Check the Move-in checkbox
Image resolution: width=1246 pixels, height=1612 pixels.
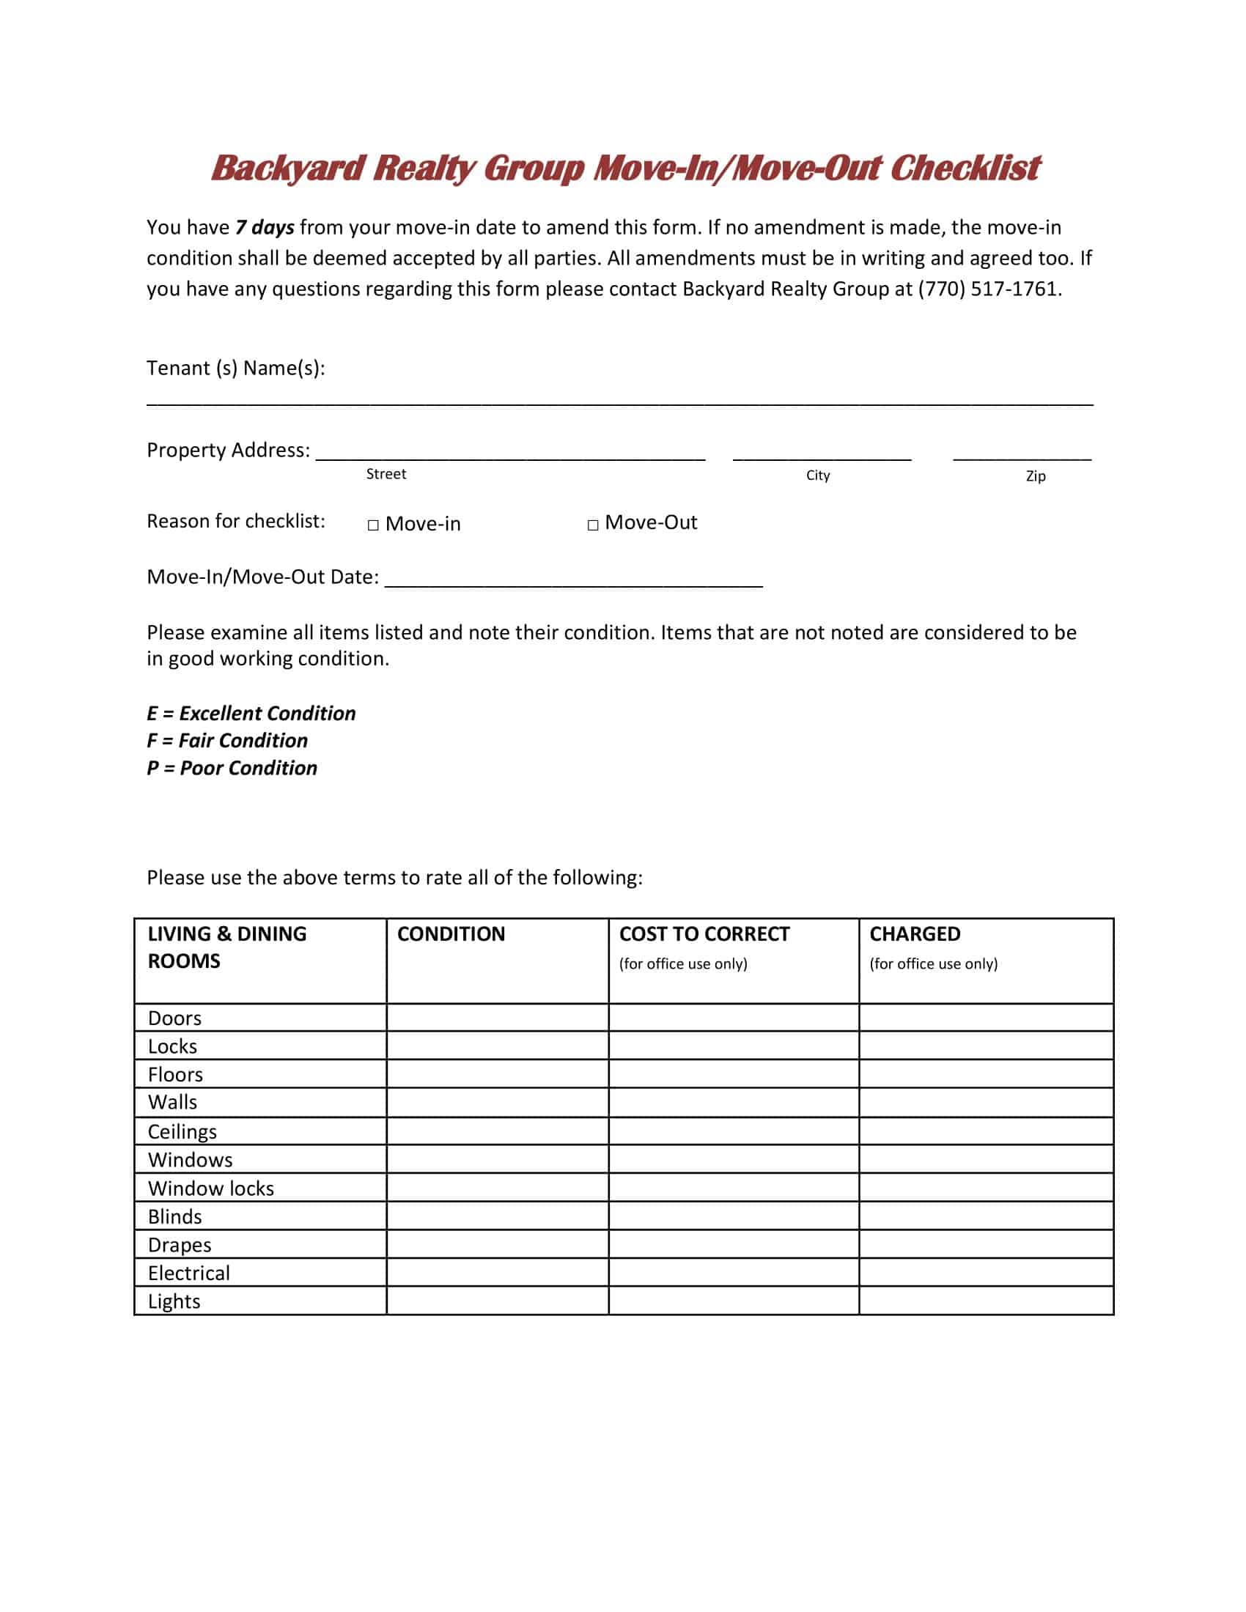tap(374, 525)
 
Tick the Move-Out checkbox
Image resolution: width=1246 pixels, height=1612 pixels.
tap(593, 525)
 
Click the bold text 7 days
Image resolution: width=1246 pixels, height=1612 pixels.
tap(265, 227)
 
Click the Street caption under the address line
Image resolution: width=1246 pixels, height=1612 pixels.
tap(386, 474)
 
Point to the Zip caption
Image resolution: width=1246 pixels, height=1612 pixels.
tap(1036, 476)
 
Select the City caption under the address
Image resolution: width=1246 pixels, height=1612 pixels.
tap(818, 476)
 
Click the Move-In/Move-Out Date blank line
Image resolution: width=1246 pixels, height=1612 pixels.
tap(574, 578)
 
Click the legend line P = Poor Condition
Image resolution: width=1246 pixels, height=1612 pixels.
tap(232, 768)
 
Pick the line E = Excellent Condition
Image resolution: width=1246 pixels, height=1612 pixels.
tap(251, 713)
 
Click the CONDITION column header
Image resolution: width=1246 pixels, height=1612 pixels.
tap(451, 933)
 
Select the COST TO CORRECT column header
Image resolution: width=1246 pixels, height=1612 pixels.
tap(704, 933)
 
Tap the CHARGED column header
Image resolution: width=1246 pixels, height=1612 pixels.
tap(915, 933)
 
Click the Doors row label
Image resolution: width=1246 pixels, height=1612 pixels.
tap(175, 1018)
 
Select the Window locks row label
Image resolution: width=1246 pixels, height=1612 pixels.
tap(211, 1188)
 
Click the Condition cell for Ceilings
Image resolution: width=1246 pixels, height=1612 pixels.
tap(497, 1131)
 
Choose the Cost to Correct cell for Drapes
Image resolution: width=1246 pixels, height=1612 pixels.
tap(733, 1244)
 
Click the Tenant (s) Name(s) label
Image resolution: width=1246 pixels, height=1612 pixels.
tap(235, 368)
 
